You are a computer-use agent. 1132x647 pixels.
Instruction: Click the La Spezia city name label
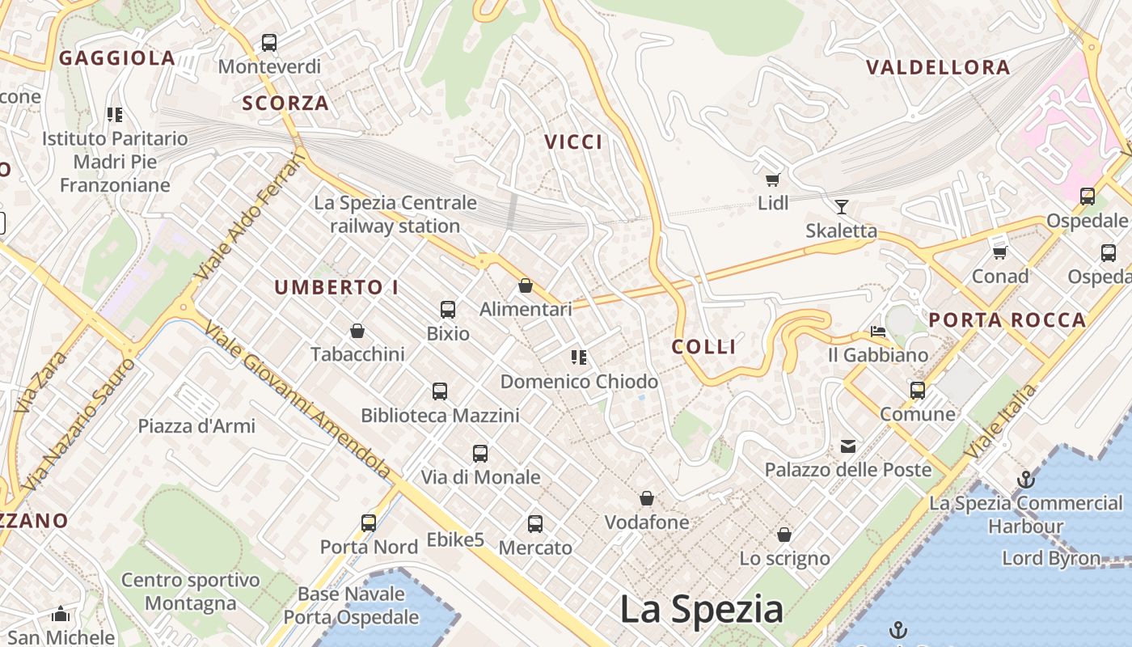[701, 609]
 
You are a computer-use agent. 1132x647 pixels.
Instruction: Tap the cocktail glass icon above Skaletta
[842, 207]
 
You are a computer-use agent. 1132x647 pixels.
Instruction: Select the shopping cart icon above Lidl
[773, 180]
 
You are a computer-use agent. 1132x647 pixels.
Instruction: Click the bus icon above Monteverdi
[269, 42]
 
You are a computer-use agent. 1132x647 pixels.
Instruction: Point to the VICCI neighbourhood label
[573, 142]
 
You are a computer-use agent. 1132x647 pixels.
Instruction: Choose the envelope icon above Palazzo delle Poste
[848, 446]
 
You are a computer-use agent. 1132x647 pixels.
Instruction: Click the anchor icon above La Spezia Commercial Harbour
[1025, 480]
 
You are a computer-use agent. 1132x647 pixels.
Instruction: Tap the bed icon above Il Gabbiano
[878, 331]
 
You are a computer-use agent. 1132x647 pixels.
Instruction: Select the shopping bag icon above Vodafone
[647, 498]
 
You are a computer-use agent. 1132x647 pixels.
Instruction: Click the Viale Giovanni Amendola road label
[298, 399]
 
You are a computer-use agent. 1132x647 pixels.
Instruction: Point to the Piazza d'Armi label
[196, 426]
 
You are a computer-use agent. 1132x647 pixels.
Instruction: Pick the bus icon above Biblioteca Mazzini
[440, 391]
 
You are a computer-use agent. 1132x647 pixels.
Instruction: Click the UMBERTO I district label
[336, 288]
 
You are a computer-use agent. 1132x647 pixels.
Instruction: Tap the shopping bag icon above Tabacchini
[357, 331]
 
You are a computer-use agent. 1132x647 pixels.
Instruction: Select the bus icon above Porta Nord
[369, 522]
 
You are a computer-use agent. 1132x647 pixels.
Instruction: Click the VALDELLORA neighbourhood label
[938, 68]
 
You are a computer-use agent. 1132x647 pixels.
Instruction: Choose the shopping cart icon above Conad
[1000, 252]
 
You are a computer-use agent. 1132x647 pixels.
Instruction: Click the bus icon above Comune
[918, 391]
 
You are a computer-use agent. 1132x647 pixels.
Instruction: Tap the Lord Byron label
[1051, 558]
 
